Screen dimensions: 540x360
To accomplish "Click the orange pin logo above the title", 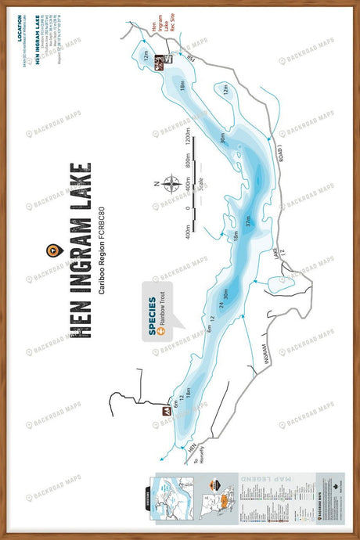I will tap(53, 250).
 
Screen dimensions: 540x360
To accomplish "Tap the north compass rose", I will tap(169, 183).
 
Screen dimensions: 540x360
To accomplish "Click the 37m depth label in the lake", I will tap(248, 222).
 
